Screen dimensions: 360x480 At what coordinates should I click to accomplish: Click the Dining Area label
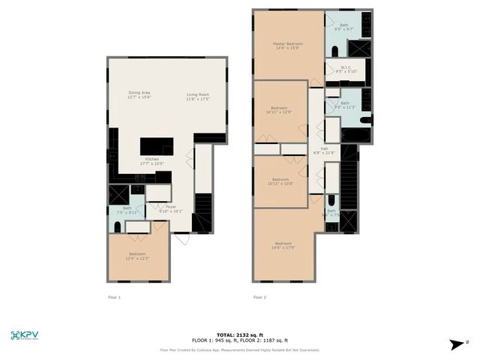coord(139,95)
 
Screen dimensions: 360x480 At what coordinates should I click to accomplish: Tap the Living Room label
coord(198,95)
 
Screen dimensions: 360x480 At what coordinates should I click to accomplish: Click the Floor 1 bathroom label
coord(127,211)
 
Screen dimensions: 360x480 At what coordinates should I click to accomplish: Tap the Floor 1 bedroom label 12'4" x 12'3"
coord(137,256)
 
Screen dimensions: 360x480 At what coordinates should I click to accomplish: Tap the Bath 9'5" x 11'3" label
coord(344,105)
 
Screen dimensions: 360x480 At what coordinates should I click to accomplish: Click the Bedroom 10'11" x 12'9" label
coord(280,109)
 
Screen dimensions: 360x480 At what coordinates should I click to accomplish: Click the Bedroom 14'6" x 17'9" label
coord(283,246)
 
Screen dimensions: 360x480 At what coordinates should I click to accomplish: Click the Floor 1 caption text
coord(114,298)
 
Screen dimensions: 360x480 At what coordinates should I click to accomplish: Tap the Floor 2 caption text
coord(259,298)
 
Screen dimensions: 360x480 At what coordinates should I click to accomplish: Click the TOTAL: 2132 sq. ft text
coord(239,334)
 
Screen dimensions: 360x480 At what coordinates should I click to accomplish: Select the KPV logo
coord(25,336)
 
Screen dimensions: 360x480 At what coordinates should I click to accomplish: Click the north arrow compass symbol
coord(457,344)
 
